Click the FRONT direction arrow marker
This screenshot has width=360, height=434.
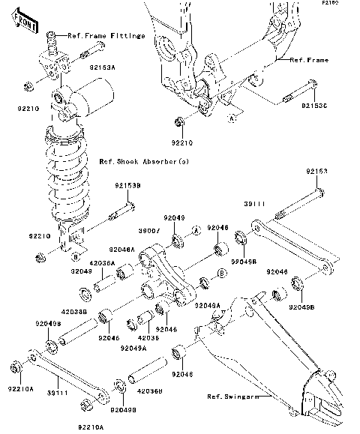[x=27, y=24]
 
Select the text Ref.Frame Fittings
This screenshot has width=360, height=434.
[x=106, y=35]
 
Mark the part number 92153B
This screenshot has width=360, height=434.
[x=128, y=184]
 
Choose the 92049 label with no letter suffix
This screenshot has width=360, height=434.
[x=175, y=218]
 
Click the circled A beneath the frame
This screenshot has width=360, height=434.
[x=232, y=118]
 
